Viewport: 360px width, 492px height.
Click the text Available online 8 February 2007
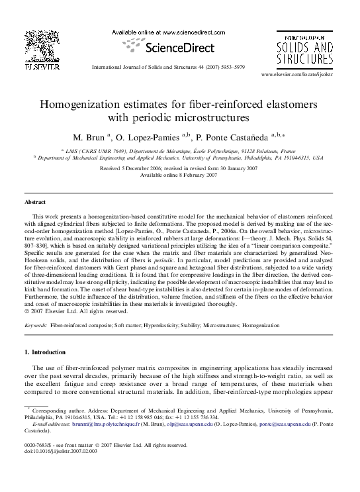179,175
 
